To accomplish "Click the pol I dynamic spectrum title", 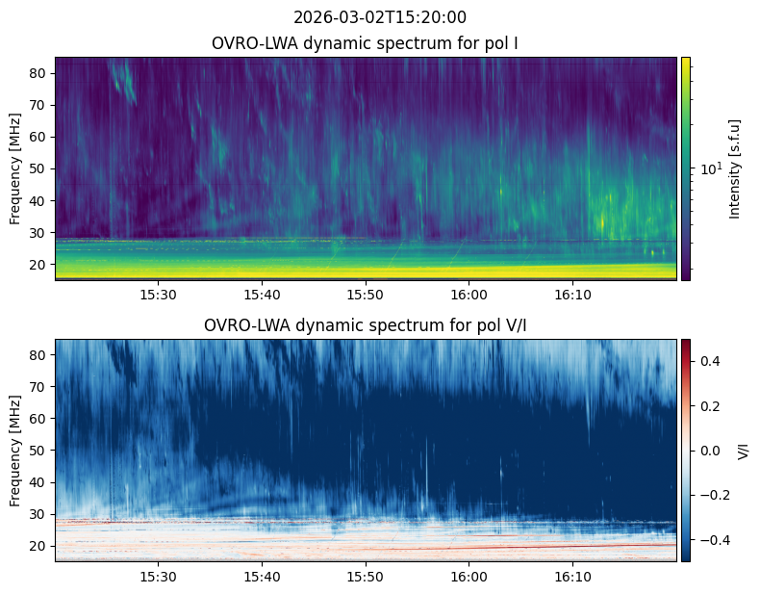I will click(x=367, y=43).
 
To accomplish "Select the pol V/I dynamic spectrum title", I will click(x=367, y=325).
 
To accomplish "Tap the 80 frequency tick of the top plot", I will click(x=39, y=73).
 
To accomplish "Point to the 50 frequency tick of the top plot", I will click(x=39, y=168).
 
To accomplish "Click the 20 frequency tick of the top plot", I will click(x=39, y=264).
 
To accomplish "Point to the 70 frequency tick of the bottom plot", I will click(x=39, y=387).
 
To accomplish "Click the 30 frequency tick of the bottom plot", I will click(x=39, y=514).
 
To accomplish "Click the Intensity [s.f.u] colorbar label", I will click(x=736, y=168).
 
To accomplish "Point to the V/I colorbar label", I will click(x=742, y=450).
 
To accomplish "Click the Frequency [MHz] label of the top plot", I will click(x=15, y=168).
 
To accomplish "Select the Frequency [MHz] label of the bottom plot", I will click(x=15, y=450).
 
